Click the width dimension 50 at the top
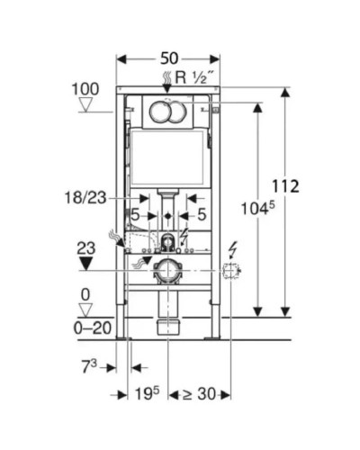[168, 58]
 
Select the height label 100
[86, 89]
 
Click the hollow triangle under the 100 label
[86, 104]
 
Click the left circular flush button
[159, 112]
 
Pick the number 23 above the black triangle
[85, 247]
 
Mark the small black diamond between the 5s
[167, 217]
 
